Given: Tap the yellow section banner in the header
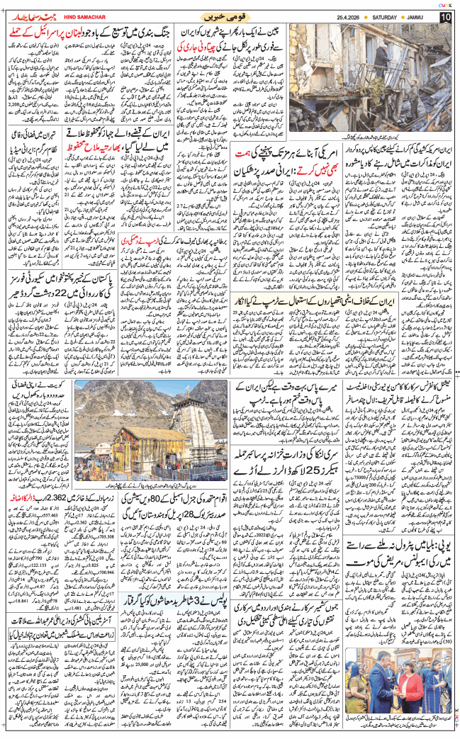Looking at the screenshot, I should click(230, 16).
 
